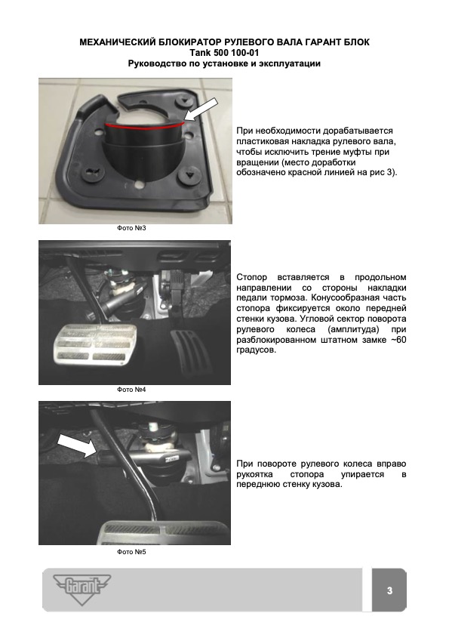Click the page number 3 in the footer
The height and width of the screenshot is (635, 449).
click(x=389, y=590)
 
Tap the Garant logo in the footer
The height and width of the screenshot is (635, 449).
click(x=82, y=589)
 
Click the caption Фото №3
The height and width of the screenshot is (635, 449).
click(x=131, y=229)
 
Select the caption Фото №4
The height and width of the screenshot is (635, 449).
click(x=131, y=390)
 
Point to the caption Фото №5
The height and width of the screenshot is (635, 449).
click(x=131, y=552)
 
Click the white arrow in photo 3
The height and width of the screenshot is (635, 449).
click(x=201, y=109)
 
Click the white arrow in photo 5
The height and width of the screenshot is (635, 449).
click(x=77, y=445)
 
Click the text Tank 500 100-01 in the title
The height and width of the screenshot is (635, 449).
click(x=224, y=53)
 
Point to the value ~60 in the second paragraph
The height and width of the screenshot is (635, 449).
click(x=398, y=340)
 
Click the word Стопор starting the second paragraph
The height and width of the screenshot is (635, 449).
click(x=252, y=277)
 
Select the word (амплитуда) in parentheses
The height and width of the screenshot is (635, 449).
click(x=353, y=330)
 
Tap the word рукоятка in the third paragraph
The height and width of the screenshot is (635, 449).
click(x=254, y=474)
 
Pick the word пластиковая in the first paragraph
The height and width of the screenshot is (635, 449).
click(x=263, y=141)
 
